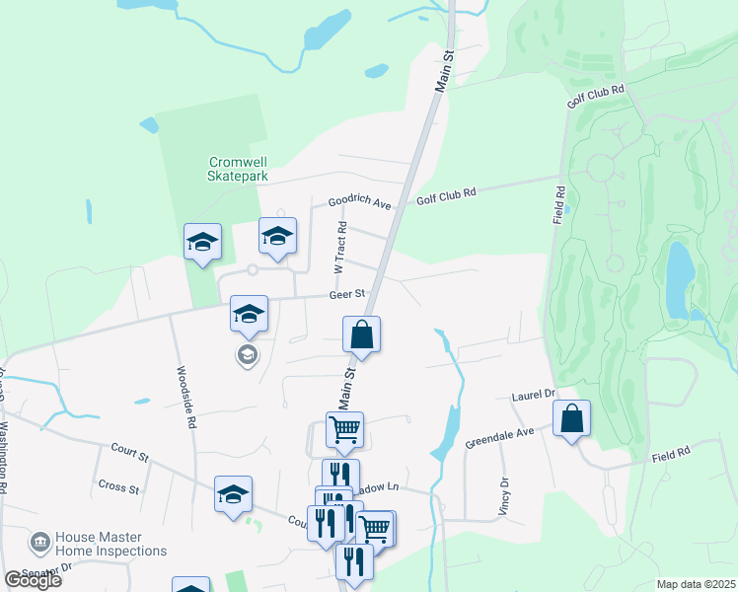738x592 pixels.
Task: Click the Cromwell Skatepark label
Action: pos(238,168)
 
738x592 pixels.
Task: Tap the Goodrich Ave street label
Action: pos(360,201)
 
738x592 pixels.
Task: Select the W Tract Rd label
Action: pos(338,249)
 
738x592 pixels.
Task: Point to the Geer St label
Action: pos(347,294)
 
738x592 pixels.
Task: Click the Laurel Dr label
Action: pos(534,396)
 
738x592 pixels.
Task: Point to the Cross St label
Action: pos(117,486)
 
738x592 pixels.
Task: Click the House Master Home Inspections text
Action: pos(111,545)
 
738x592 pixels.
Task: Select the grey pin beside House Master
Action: pos(39,543)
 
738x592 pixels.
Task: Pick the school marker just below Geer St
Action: pos(249,314)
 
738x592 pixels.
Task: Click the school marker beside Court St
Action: pos(234,494)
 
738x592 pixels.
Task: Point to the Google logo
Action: pos(33,580)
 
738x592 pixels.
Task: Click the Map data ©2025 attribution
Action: pos(696,584)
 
